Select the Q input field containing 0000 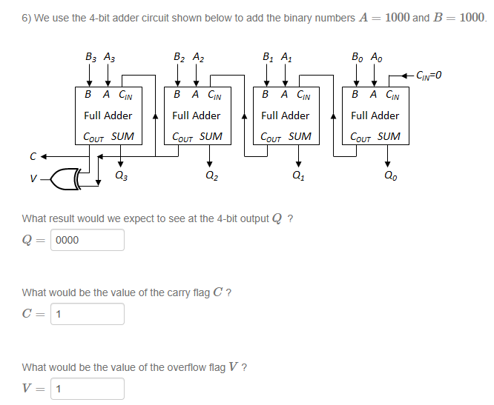(88, 240)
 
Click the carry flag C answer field (88, 314)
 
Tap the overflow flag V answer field (88, 389)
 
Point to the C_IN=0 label (434, 74)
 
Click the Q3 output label (122, 176)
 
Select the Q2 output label (210, 176)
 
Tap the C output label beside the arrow (32, 156)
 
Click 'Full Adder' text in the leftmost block (108, 116)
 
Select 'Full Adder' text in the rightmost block (375, 116)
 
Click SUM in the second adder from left (211, 137)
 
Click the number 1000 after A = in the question (397, 17)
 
